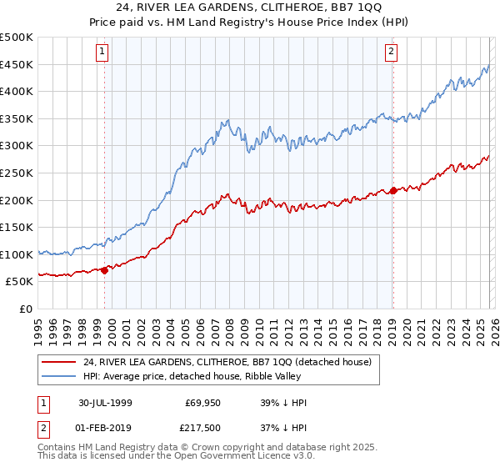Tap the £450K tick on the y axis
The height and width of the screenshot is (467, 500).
(x=17, y=64)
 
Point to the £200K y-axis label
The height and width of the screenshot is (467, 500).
(x=17, y=200)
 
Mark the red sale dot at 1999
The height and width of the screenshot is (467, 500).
(x=105, y=270)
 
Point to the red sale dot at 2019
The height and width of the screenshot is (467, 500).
(x=392, y=190)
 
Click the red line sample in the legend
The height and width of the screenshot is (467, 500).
(x=60, y=361)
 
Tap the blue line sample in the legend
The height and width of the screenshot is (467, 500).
(x=60, y=376)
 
